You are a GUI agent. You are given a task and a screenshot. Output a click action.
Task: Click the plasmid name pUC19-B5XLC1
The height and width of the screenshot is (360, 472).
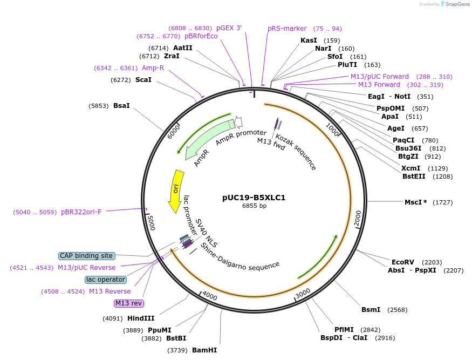click(254, 198)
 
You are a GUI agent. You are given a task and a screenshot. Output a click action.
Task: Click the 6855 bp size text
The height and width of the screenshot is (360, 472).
click(254, 206)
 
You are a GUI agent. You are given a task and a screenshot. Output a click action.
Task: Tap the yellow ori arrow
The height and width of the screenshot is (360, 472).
click(176, 190)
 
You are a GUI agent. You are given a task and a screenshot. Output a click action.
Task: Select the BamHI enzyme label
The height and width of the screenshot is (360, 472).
click(204, 350)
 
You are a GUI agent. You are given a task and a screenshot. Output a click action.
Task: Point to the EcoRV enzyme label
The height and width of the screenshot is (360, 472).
click(403, 262)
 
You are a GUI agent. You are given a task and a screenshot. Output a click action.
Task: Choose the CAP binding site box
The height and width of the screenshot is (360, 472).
click(86, 256)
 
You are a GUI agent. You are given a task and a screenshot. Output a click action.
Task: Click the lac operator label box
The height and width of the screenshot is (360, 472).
click(106, 280)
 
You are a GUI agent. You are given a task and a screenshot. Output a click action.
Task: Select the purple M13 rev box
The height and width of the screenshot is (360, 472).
click(129, 303)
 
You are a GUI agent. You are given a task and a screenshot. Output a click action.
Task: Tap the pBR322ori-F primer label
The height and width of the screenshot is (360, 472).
click(81, 212)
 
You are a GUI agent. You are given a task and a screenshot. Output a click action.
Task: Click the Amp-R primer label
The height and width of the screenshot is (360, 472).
click(153, 68)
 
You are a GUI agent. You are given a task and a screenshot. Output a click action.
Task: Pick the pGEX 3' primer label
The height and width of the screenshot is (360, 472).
click(229, 28)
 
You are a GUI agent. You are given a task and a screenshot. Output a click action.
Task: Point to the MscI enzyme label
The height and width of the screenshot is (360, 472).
click(415, 202)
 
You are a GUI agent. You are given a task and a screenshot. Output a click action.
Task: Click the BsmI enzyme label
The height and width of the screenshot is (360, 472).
click(371, 310)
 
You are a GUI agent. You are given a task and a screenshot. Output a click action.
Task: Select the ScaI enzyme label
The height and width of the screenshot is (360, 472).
click(143, 80)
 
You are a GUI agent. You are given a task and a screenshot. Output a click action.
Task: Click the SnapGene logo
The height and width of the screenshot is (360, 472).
click(455, 4)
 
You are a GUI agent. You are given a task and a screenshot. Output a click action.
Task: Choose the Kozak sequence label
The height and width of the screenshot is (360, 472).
click(296, 153)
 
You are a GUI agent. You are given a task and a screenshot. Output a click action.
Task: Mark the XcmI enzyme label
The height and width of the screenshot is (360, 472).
click(411, 168)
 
